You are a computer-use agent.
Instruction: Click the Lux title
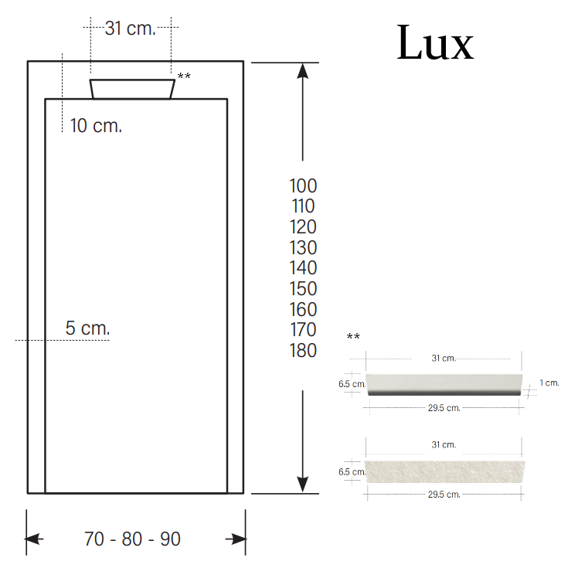[x=434, y=43]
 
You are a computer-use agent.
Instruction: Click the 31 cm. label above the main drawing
[x=130, y=29]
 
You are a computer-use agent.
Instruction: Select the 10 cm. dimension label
[x=96, y=125]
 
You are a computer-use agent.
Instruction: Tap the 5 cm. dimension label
[x=87, y=328]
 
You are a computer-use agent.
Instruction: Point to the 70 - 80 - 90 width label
[x=132, y=539]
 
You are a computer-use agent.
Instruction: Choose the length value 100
[x=303, y=185]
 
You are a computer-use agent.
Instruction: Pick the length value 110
[x=303, y=206]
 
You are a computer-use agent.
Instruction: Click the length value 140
[x=303, y=268]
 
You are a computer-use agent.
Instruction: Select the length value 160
[x=303, y=309]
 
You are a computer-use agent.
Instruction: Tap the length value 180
[x=303, y=351]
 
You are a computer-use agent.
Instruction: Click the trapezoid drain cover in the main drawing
[x=132, y=89]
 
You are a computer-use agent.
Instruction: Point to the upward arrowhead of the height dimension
[x=303, y=71]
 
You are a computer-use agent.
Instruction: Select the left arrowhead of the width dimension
[x=35, y=539]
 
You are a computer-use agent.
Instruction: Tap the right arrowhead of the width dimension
[x=236, y=539]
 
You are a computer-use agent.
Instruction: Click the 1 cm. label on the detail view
[x=549, y=383]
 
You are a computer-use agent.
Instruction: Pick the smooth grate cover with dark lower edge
[x=444, y=384]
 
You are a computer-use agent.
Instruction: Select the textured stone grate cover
[x=444, y=471]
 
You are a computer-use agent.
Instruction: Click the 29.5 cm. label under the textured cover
[x=444, y=495]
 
